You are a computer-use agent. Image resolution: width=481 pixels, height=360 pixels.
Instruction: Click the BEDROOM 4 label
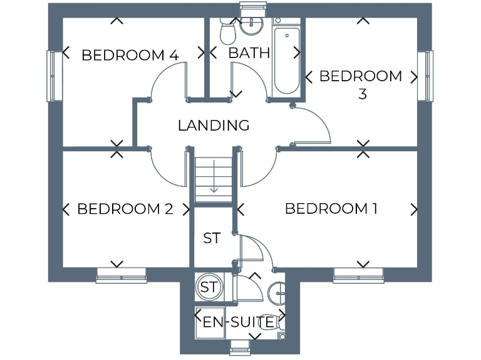(x=130, y=55)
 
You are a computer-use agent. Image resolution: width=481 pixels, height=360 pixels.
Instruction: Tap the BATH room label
(x=249, y=52)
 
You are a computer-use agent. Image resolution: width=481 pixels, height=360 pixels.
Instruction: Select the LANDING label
(x=214, y=125)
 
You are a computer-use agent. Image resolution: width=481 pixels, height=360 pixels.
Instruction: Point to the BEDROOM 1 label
(x=331, y=209)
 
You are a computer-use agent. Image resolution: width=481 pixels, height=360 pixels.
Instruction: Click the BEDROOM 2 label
(x=125, y=209)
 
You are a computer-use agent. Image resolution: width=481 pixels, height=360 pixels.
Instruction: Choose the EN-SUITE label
(x=239, y=322)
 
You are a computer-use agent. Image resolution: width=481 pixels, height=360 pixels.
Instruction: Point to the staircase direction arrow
(x=214, y=177)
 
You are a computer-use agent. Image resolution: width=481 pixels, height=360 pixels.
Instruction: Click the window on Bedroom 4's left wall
(x=53, y=75)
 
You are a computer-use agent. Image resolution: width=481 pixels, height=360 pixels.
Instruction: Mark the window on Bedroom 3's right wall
(x=426, y=75)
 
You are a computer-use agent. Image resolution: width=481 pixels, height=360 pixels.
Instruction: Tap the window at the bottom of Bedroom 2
(x=121, y=276)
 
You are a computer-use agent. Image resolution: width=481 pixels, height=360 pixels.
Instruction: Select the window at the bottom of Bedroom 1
(x=358, y=276)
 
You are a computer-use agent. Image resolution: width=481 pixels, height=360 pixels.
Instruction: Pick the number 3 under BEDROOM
(x=362, y=94)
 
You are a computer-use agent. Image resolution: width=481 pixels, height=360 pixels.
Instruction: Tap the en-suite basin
(x=279, y=291)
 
